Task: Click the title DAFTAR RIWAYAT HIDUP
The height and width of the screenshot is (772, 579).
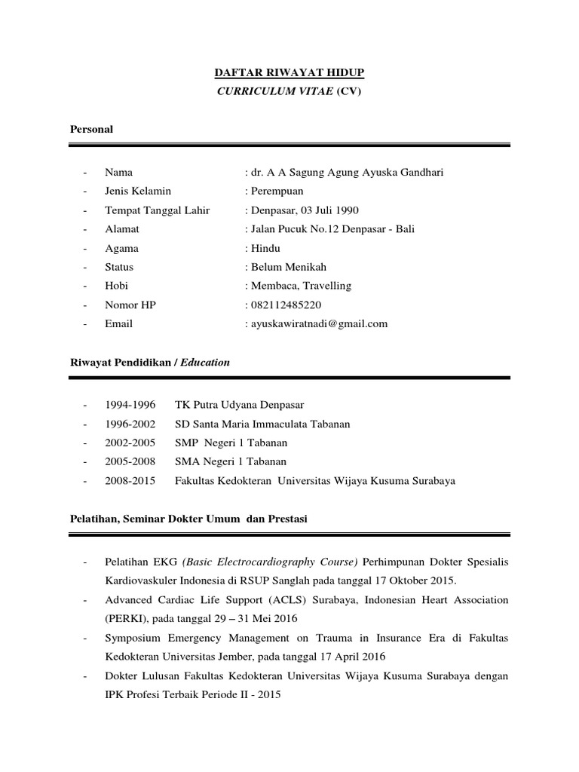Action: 290,72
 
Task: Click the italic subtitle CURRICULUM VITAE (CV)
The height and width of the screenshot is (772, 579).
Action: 290,90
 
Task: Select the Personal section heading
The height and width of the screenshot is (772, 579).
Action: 91,129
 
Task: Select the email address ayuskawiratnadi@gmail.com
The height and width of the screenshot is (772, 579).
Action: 319,323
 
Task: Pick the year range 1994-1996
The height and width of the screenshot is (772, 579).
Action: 130,405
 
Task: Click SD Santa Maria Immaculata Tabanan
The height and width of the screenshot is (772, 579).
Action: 262,424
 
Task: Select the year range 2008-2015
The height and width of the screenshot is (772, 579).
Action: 130,480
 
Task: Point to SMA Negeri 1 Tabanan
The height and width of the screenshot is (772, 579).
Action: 231,461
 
